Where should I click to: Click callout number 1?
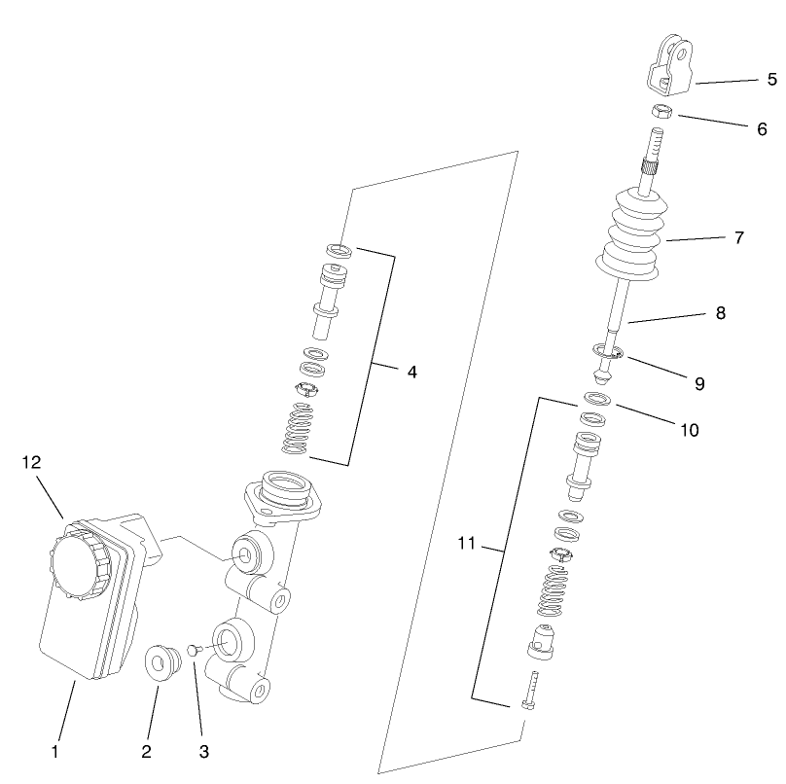[55, 751]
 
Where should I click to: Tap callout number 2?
[147, 751]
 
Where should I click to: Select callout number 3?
[203, 751]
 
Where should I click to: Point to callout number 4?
[411, 372]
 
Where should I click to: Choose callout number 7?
[739, 236]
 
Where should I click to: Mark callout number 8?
[720, 313]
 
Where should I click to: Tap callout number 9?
[698, 383]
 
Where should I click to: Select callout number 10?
[689, 429]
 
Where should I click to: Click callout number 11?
[466, 543]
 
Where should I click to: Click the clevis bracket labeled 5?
[668, 64]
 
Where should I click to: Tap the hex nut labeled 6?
[660, 112]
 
